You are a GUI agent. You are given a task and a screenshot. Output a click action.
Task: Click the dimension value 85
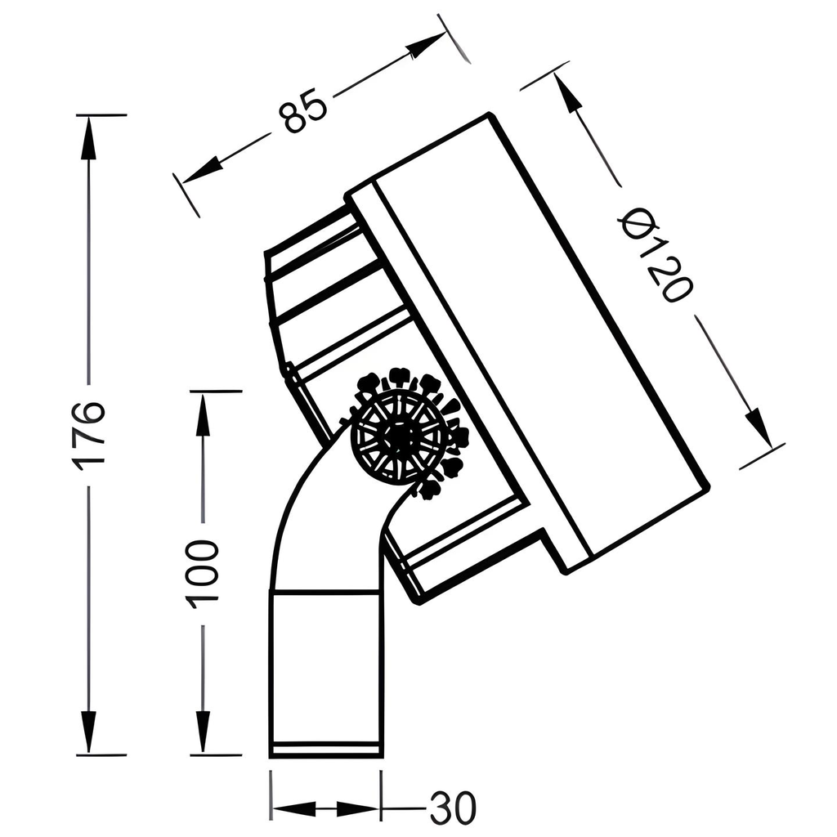(x=302, y=112)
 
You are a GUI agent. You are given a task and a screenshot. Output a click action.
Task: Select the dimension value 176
(x=88, y=433)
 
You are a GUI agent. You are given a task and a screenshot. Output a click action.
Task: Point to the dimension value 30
(x=452, y=809)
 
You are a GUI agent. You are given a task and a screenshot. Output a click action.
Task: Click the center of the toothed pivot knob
(x=400, y=438)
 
